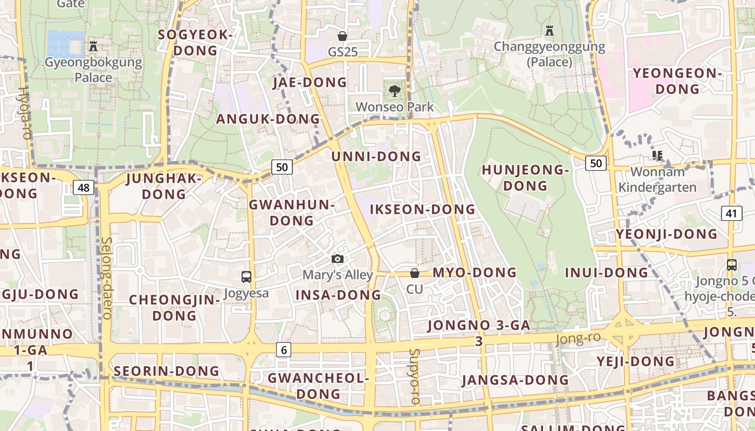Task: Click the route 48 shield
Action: (84, 187)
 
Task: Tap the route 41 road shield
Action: (731, 213)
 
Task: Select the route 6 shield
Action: (284, 350)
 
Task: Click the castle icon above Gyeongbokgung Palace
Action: (93, 46)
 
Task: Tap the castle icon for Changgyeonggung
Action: (550, 31)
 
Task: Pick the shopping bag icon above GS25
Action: (342, 36)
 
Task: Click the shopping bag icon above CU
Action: (415, 273)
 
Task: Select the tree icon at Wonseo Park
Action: (394, 91)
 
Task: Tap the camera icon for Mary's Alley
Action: (338, 259)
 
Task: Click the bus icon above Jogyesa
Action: (246, 277)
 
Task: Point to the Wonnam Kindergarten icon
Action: (657, 156)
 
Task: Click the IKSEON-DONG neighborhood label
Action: (423, 209)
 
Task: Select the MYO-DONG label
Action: (475, 273)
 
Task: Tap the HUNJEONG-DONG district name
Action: (525, 178)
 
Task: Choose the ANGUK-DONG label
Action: (268, 119)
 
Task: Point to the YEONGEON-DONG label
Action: (677, 81)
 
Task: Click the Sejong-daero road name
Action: (106, 278)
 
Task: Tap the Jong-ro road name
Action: (578, 338)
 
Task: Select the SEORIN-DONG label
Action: (167, 371)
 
